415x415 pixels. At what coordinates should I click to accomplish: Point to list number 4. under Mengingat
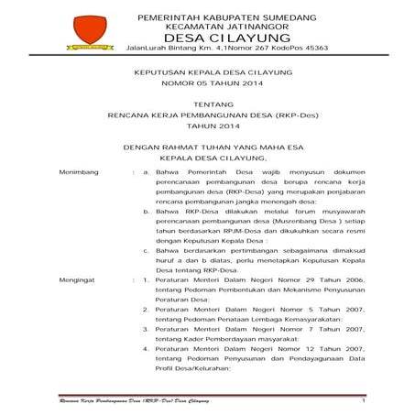148,349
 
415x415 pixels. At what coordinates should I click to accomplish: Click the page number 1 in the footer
364,401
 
